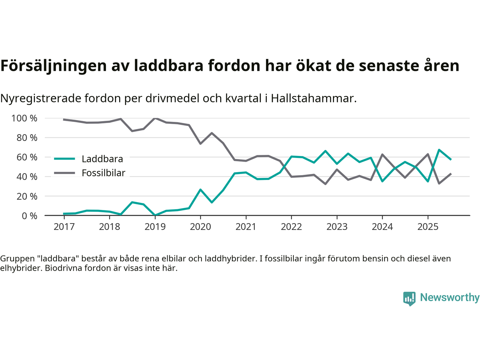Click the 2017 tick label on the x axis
pyautogui.click(x=64, y=226)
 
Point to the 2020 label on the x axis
pyautogui.click(x=200, y=226)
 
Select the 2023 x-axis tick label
pyautogui.click(x=337, y=226)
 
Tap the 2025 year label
pyautogui.click(x=428, y=226)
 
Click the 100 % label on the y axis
pyautogui.click(x=24, y=118)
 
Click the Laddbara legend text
pyautogui.click(x=102, y=159)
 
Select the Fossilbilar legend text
pyautogui.click(x=103, y=173)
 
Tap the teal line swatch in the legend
pyautogui.click(x=65, y=159)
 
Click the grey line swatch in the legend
pyautogui.click(x=65, y=173)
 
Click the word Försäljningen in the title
pyautogui.click(x=53, y=66)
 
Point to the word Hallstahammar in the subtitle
pyautogui.click(x=313, y=98)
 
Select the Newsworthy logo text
pyautogui.click(x=449, y=297)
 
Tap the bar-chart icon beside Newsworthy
pyautogui.click(x=409, y=298)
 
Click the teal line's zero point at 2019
pyautogui.click(x=155, y=215)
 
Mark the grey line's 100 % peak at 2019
pyautogui.click(x=155, y=118)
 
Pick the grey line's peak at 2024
pyautogui.click(x=382, y=154)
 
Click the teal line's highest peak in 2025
pyautogui.click(x=439, y=150)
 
